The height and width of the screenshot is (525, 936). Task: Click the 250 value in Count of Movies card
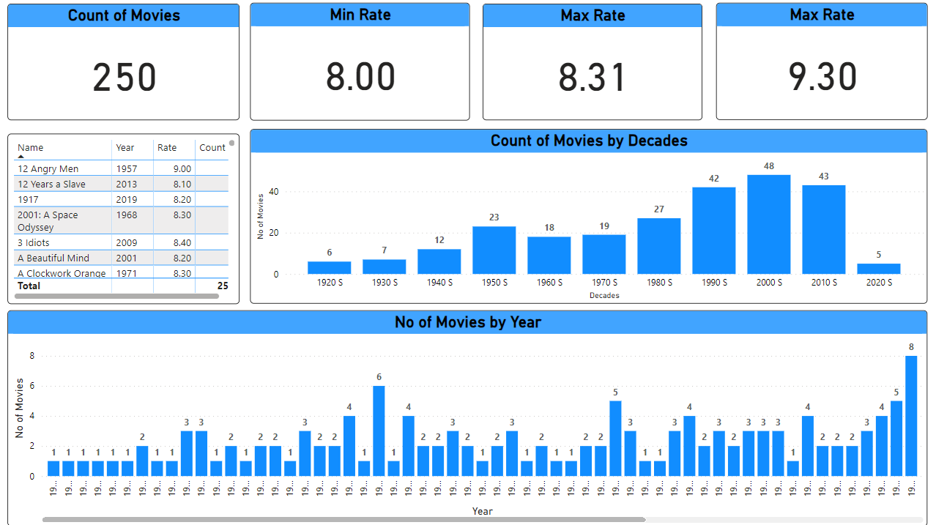tap(125, 78)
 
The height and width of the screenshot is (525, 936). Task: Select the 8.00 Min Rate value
tap(360, 78)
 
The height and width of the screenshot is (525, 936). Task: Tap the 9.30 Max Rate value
tap(822, 78)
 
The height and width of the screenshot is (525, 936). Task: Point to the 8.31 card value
tap(593, 78)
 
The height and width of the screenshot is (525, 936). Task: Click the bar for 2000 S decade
tap(769, 225)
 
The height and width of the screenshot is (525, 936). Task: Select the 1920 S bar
tap(330, 268)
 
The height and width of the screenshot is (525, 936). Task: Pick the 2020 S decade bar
tap(879, 269)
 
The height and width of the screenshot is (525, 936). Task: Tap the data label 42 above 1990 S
tap(714, 179)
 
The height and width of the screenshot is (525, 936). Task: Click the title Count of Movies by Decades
tap(589, 141)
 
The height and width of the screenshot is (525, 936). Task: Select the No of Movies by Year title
tap(467, 322)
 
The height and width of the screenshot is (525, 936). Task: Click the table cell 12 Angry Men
tap(48, 169)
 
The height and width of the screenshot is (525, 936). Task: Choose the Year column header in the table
tap(125, 148)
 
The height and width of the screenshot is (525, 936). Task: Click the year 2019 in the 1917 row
tap(127, 200)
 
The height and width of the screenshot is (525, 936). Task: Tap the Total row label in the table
tap(29, 286)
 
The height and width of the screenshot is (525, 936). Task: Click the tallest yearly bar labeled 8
tap(911, 416)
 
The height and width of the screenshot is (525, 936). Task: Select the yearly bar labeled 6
tap(379, 431)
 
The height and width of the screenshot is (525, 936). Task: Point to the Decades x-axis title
tap(604, 296)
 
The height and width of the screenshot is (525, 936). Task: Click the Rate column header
tap(167, 148)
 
